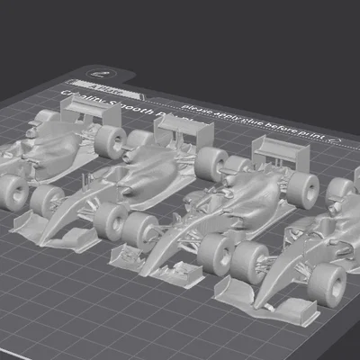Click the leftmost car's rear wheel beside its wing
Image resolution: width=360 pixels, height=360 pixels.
[x=111, y=140]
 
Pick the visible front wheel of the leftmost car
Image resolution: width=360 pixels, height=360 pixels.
[x=13, y=192]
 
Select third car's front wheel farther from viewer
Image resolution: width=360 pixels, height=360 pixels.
[x=139, y=230]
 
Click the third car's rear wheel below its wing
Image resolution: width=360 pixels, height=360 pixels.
[x=304, y=188]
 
